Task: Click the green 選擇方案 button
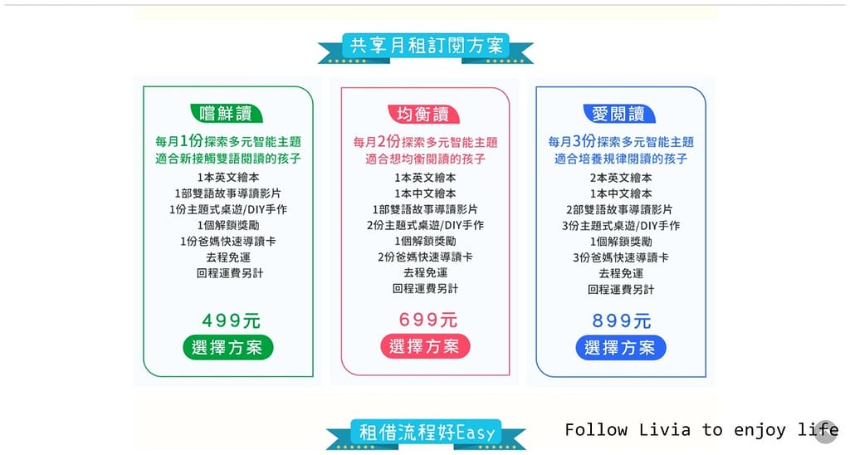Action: tap(227, 347)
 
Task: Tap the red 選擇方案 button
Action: tap(425, 346)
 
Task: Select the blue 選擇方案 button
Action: tap(621, 348)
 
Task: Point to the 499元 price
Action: tap(231, 320)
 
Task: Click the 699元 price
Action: tap(427, 320)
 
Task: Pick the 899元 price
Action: tap(621, 320)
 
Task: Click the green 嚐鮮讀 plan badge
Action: tap(227, 114)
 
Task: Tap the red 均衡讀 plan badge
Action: tap(423, 114)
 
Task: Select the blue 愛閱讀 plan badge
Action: tap(619, 114)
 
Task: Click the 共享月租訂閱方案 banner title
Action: tap(426, 46)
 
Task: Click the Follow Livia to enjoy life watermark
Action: tap(701, 430)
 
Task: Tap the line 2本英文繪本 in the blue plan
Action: tap(621, 178)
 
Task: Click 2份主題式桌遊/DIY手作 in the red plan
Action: tap(426, 225)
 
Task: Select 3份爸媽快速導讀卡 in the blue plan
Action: tap(621, 257)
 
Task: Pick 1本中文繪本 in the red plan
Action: tap(426, 193)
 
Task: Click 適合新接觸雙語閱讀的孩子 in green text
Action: tap(228, 159)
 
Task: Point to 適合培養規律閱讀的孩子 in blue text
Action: tap(621, 159)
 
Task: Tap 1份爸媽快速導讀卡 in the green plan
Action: tap(228, 242)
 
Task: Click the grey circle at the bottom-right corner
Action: tap(826, 432)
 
